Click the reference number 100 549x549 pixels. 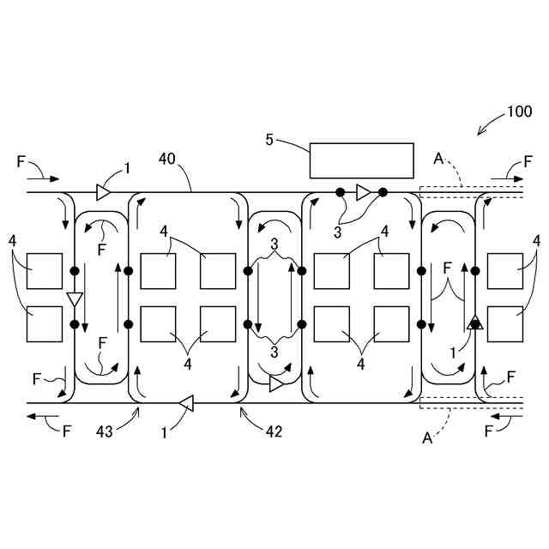click(519, 112)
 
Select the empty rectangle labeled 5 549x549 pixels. click(361, 160)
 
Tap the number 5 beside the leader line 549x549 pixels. click(269, 140)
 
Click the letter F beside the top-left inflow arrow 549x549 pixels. click(21, 160)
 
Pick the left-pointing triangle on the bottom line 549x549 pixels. click(185, 401)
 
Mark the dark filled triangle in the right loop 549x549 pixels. click(474, 322)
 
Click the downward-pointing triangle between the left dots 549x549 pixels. click(75, 299)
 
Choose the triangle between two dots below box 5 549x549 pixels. click(363, 191)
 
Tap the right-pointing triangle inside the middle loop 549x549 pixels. click(275, 383)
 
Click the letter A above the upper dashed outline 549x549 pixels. click(438, 159)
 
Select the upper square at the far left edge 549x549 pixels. click(44, 271)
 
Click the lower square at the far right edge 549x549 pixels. click(505, 323)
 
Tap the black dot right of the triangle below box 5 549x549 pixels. click(383, 191)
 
